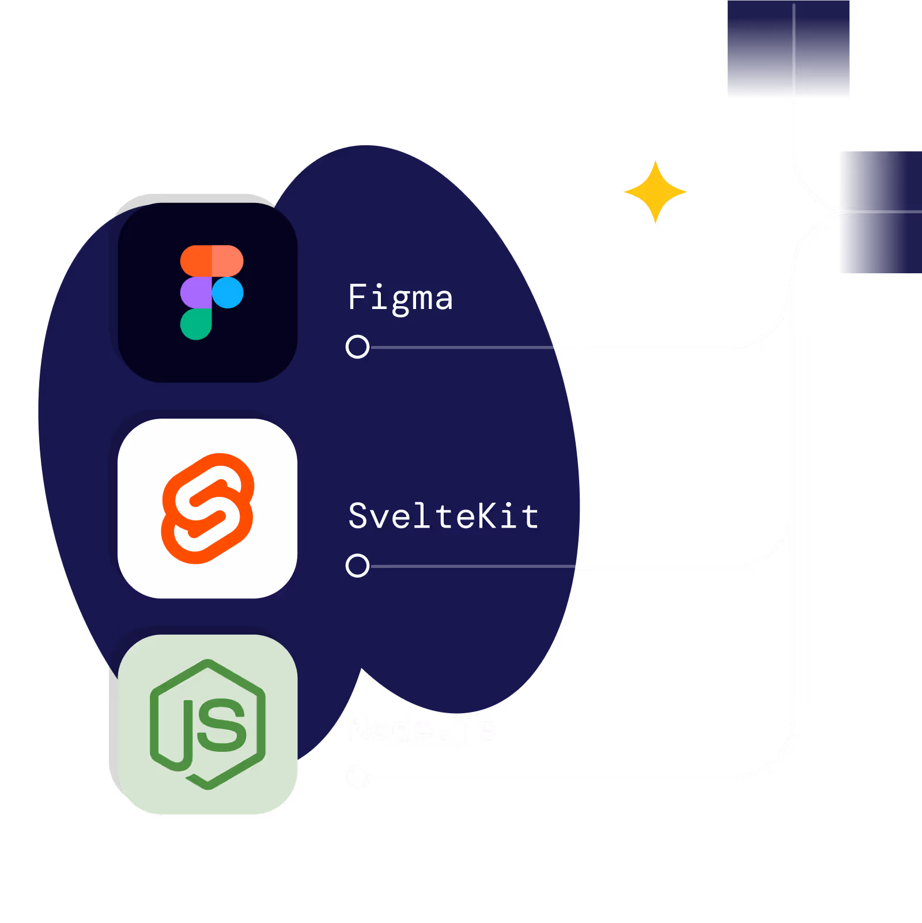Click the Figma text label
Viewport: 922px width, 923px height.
(400, 298)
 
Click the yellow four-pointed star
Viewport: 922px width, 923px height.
(655, 191)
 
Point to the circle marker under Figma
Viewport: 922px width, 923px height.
(357, 346)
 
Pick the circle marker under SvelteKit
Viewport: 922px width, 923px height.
(357, 566)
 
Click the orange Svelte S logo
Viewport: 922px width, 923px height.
(207, 508)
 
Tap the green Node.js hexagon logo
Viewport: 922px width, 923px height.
(207, 724)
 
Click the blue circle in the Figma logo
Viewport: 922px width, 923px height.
(228, 292)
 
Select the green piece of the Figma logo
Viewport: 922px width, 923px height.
(195, 324)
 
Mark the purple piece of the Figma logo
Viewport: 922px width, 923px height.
(195, 292)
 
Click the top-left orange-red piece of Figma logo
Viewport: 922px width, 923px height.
(195, 261)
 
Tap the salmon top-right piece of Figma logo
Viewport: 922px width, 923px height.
(228, 261)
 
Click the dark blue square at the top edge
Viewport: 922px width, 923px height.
(788, 48)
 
